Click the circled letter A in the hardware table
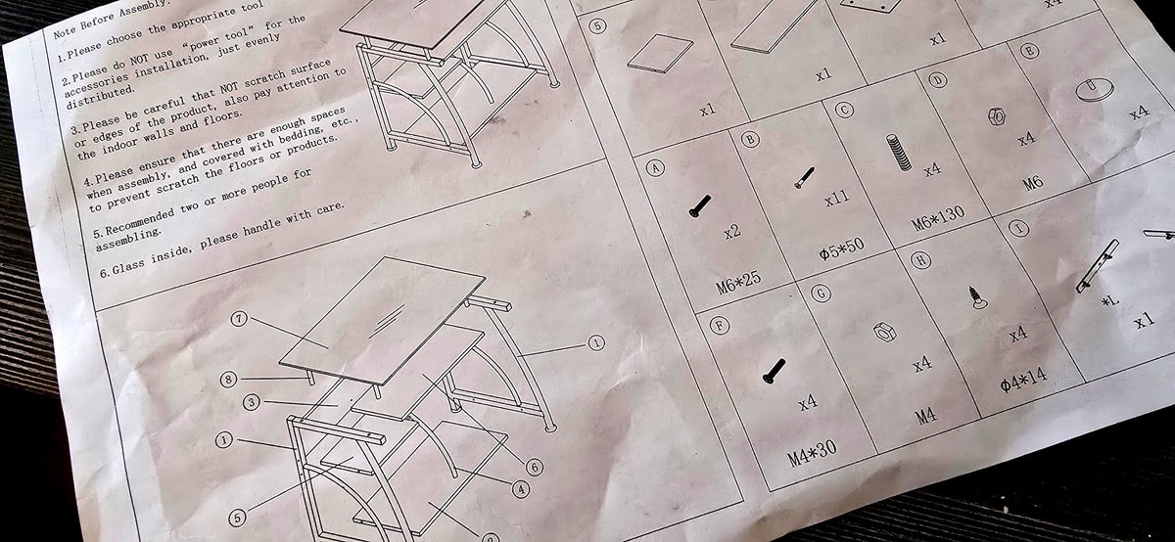click(655, 167)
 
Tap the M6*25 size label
click(738, 284)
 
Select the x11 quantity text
click(836, 199)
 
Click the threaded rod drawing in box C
click(898, 152)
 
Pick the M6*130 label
click(937, 218)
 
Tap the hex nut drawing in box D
click(996, 115)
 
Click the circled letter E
click(1030, 52)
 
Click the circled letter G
click(821, 294)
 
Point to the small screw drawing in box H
click(977, 297)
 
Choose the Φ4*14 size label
click(1023, 380)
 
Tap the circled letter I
click(1018, 229)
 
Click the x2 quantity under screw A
click(731, 231)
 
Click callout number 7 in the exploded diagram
click(239, 319)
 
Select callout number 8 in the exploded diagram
click(228, 379)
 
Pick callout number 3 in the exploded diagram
click(252, 402)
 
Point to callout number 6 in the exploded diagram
click(534, 467)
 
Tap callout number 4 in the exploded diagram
click(520, 489)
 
